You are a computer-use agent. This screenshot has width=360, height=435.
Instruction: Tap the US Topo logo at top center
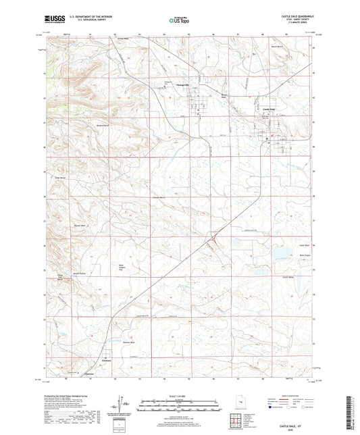pos(180,20)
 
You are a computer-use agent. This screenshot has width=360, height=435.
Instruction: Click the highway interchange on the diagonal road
pos(214,235)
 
